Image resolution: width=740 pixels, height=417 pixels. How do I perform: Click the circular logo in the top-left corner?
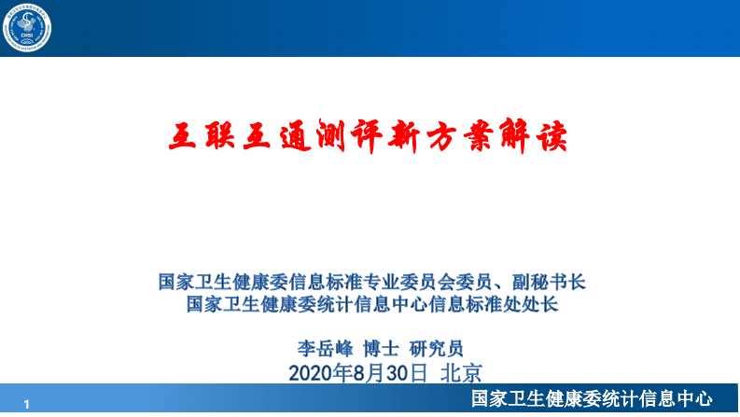pyautogui.click(x=28, y=29)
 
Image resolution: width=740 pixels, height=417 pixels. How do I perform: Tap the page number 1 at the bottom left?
pyautogui.click(x=28, y=403)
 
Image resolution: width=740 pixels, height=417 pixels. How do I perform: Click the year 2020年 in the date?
pyautogui.click(x=318, y=374)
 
